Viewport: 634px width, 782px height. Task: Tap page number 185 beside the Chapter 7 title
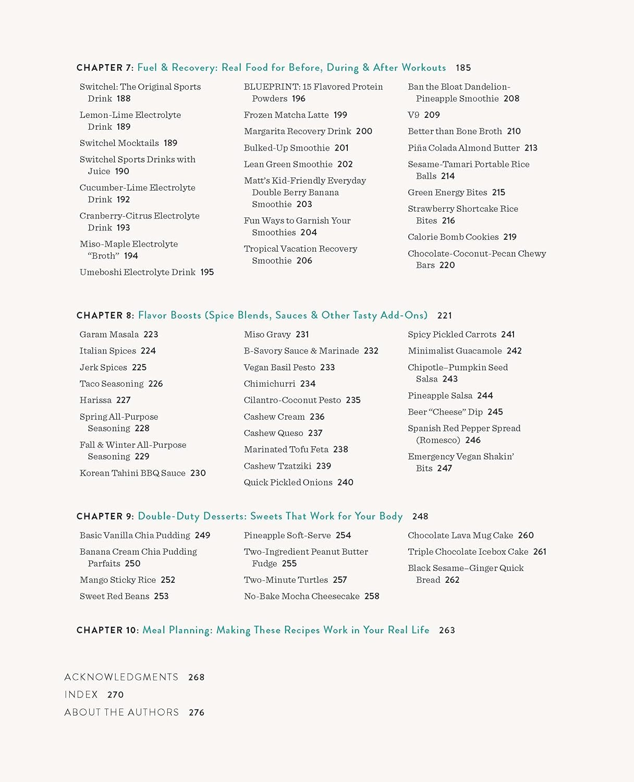(x=463, y=68)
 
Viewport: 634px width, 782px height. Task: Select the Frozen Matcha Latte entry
(x=286, y=115)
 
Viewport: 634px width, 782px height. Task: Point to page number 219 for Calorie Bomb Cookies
(x=510, y=237)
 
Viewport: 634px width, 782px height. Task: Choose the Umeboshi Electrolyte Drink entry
(x=138, y=272)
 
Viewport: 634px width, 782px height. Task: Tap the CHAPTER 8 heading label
(x=105, y=315)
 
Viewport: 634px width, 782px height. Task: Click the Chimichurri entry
(x=270, y=384)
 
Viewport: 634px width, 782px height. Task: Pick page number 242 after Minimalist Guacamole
(x=514, y=351)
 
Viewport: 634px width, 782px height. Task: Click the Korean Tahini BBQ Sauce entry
(x=132, y=473)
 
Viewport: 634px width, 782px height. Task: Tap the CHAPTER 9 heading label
(x=105, y=516)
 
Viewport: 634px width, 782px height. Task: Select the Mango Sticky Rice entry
(x=118, y=580)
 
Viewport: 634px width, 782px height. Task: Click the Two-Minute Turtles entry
(x=286, y=580)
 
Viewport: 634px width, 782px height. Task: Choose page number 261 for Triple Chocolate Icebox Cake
(x=540, y=552)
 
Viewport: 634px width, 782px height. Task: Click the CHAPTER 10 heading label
(x=107, y=630)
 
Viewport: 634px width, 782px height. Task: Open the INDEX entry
(x=81, y=694)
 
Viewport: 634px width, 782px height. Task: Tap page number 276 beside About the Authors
(x=197, y=712)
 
